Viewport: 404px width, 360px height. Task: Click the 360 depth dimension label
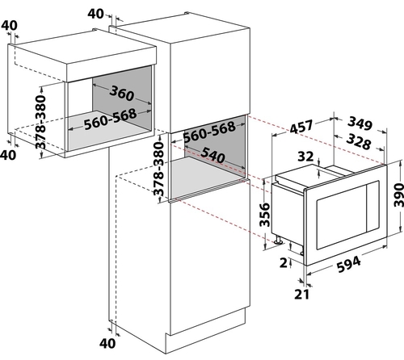coord(122,93)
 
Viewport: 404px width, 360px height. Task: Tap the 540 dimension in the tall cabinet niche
coord(213,154)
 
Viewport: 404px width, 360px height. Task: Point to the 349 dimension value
coord(360,123)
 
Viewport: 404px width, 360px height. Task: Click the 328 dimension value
coord(359,141)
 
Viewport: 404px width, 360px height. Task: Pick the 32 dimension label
coord(305,157)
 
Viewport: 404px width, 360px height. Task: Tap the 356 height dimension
coord(264,215)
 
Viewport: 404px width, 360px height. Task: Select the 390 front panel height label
coord(398,195)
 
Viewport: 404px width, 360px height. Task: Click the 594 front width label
coord(349,265)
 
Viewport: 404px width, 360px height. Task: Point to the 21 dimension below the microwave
coord(302,295)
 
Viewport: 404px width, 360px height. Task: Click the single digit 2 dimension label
coord(284,263)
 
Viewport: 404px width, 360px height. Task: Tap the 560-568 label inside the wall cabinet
coord(111,119)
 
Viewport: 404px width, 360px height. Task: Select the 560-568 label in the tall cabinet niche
coord(209,132)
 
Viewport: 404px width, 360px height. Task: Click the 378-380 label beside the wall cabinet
coord(41,122)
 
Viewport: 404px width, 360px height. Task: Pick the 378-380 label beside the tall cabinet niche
coord(158,170)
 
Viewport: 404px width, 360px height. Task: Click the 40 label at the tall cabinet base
coord(107,343)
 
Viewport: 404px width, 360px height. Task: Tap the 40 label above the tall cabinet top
coord(95,14)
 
